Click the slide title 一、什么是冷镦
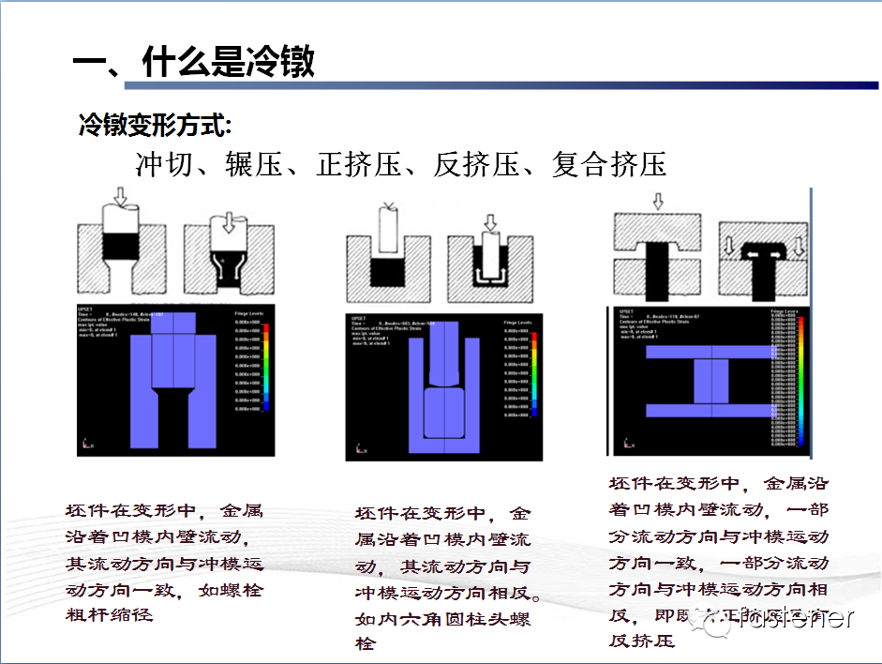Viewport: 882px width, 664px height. click(193, 63)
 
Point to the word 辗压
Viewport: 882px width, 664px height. click(254, 165)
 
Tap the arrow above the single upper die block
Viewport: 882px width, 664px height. click(657, 201)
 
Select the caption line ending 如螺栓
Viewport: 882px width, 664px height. click(164, 591)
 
